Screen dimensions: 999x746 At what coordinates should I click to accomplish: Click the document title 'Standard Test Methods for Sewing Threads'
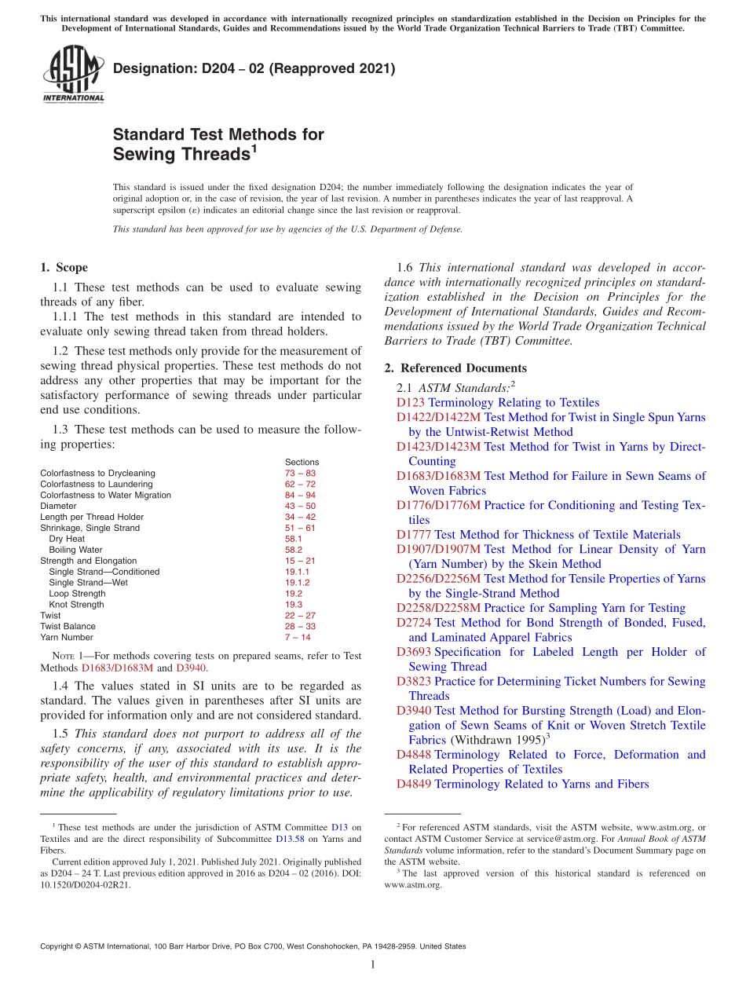(x=218, y=144)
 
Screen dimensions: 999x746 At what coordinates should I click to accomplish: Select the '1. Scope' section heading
(x=64, y=267)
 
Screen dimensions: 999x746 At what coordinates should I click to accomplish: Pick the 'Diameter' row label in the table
(x=58, y=507)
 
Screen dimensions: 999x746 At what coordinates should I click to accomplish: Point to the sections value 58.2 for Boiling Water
(x=293, y=550)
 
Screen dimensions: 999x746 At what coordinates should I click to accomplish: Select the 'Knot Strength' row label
(x=76, y=605)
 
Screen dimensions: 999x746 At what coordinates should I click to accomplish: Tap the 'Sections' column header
(x=302, y=463)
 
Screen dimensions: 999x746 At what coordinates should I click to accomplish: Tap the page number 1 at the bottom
(x=373, y=965)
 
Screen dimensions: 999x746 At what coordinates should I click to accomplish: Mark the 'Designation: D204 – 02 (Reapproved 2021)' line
(x=254, y=69)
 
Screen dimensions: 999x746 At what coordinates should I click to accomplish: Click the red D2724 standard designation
(x=414, y=623)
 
